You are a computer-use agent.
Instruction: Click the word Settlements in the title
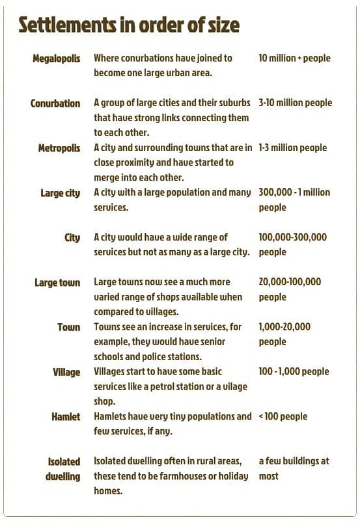point(71,25)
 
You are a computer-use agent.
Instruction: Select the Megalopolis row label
point(57,59)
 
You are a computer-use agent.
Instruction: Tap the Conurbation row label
point(55,104)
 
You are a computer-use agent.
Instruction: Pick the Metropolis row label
point(59,148)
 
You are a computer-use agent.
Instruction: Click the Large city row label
point(61,193)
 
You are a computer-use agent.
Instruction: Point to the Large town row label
point(57,283)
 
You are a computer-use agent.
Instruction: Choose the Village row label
point(66,372)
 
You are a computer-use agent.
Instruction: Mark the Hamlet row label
point(66,417)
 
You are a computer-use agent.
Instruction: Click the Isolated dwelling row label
point(63,469)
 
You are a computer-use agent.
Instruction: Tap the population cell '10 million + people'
point(294,59)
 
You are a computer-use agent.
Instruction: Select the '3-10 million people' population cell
point(295,103)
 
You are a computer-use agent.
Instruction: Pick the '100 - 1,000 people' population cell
point(294,372)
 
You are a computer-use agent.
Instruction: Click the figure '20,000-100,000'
point(290,282)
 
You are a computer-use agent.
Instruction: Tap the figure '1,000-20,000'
point(284,327)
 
